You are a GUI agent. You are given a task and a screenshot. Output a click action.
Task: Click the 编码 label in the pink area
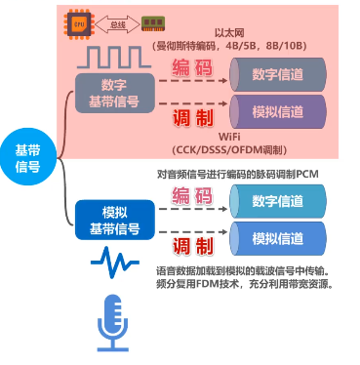tap(192, 68)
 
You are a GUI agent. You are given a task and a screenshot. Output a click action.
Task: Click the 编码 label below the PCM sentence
tap(192, 196)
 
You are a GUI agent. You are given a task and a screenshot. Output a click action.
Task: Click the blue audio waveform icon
tap(114, 262)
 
